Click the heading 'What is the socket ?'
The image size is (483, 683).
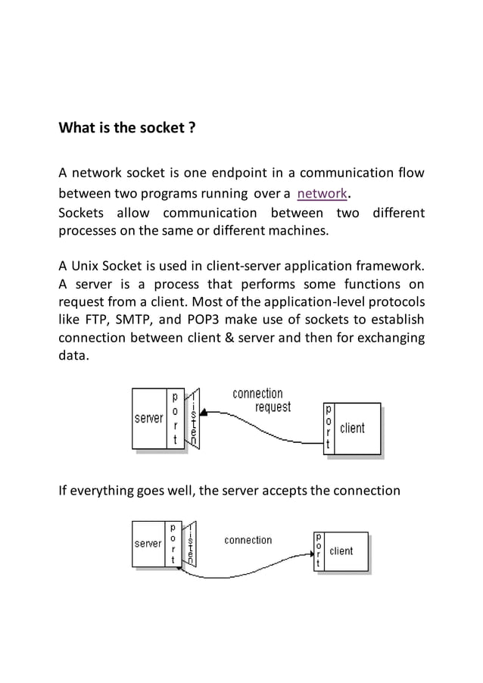pyautogui.click(x=127, y=127)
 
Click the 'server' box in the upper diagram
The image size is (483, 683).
pyautogui.click(x=149, y=418)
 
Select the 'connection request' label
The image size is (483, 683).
pyautogui.click(x=259, y=401)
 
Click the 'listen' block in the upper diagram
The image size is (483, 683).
pyautogui.click(x=195, y=419)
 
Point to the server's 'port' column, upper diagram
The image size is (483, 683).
pyautogui.click(x=176, y=418)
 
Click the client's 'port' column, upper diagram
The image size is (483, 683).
pyautogui.click(x=328, y=429)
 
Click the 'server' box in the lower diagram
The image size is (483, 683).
pyautogui.click(x=148, y=543)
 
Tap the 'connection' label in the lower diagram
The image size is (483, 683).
pyautogui.click(x=248, y=540)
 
